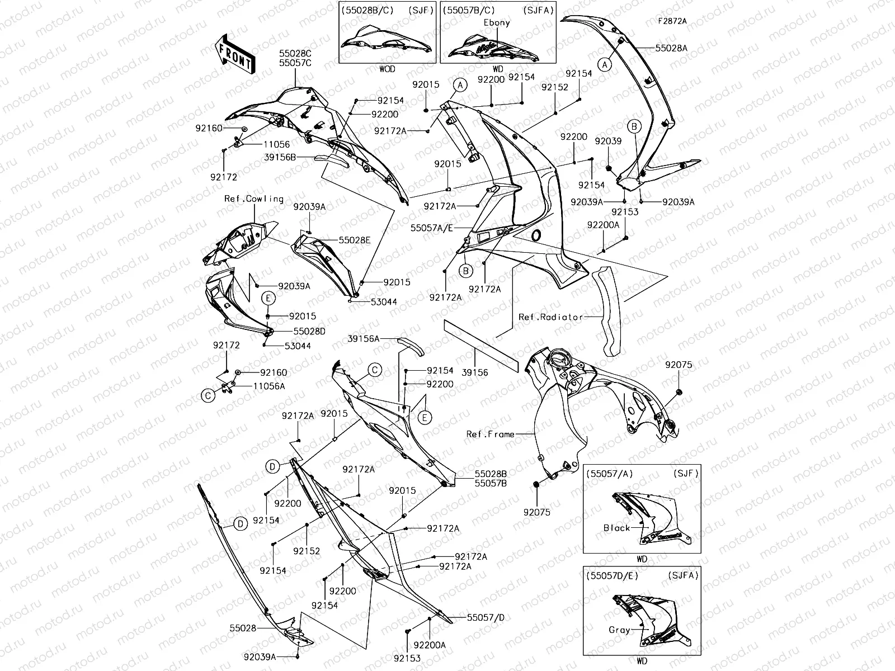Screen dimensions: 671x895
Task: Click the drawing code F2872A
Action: click(x=672, y=21)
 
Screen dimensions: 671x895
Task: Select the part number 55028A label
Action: click(x=672, y=48)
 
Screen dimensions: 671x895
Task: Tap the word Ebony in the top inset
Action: click(x=497, y=23)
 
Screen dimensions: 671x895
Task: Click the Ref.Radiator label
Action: click(x=543, y=316)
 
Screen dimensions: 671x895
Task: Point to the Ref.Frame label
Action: click(x=490, y=434)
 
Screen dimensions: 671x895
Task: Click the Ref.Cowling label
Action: click(x=254, y=199)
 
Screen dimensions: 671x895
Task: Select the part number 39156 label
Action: click(x=474, y=371)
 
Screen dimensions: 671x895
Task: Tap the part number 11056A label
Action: click(x=269, y=386)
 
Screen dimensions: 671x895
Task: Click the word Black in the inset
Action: click(x=616, y=528)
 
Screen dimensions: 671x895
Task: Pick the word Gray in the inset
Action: click(x=619, y=630)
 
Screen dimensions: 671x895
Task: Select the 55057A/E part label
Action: click(x=431, y=228)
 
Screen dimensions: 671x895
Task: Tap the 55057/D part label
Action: click(x=486, y=617)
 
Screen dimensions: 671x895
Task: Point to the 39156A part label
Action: click(x=363, y=338)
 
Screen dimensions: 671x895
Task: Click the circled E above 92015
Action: click(x=268, y=299)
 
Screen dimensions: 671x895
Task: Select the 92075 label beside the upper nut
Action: click(x=679, y=365)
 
